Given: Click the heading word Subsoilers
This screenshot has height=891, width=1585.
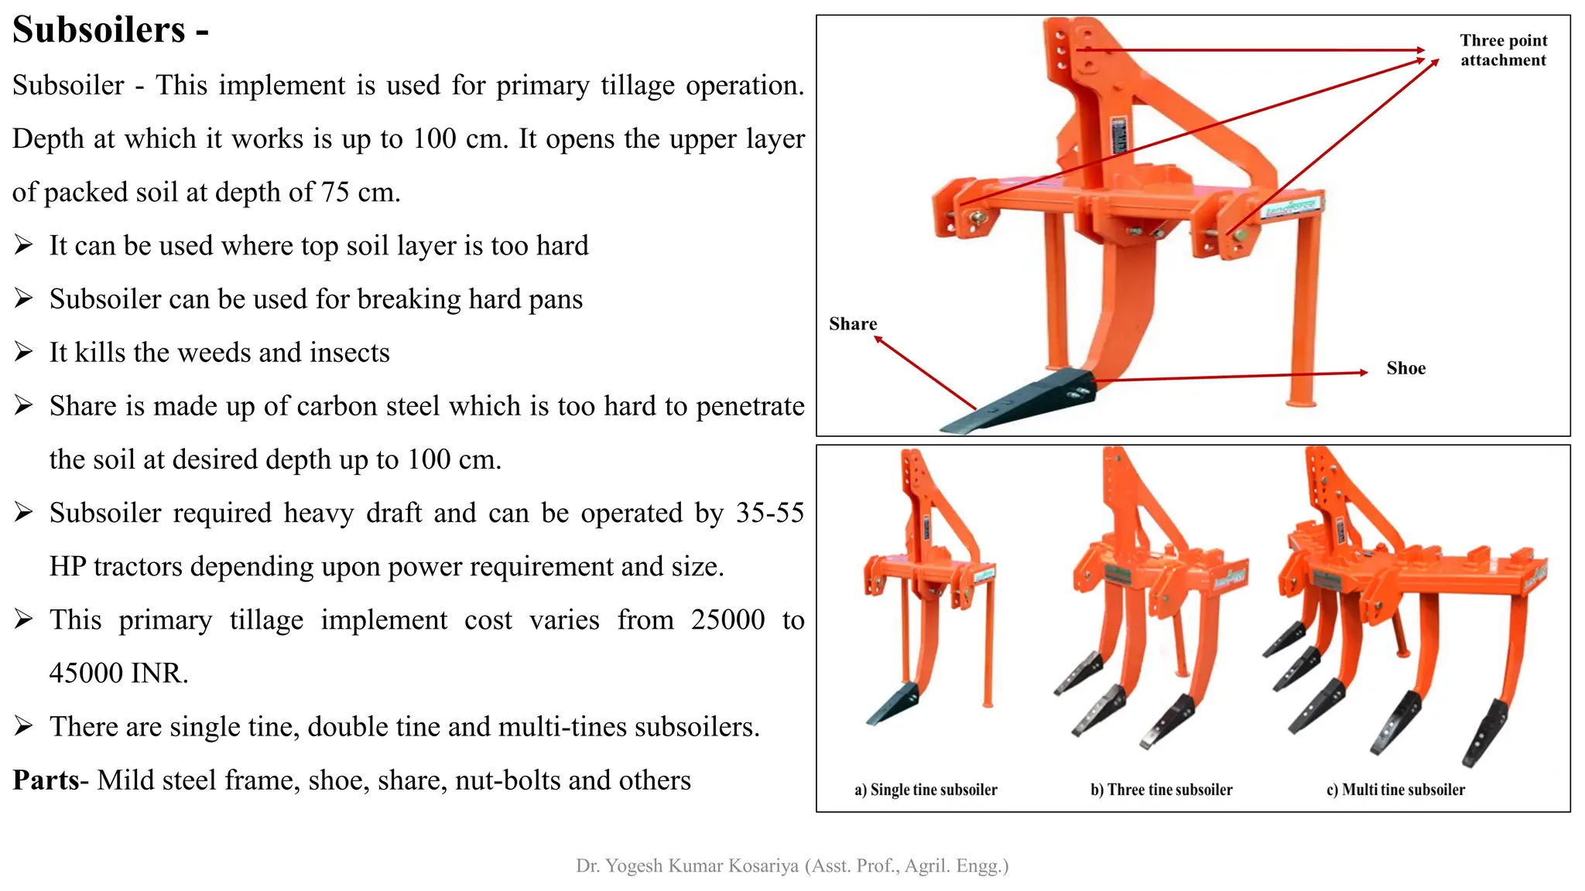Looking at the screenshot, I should click(99, 31).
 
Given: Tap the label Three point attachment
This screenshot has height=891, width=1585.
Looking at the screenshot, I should click(1503, 50).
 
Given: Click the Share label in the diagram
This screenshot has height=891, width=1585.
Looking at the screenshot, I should click(853, 324).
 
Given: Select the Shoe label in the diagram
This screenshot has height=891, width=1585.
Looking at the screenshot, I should click(1405, 369).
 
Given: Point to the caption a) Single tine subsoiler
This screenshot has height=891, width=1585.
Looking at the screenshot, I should click(926, 790).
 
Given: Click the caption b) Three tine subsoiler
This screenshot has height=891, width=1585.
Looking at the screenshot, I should click(1161, 790).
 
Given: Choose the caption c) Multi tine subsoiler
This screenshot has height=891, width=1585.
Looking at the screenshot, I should click(1395, 790).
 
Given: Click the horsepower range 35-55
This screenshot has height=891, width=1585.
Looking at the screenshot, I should click(769, 514).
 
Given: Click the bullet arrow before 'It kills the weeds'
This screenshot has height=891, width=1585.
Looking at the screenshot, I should click(23, 353).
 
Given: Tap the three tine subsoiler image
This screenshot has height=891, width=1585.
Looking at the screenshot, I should click(1153, 603).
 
